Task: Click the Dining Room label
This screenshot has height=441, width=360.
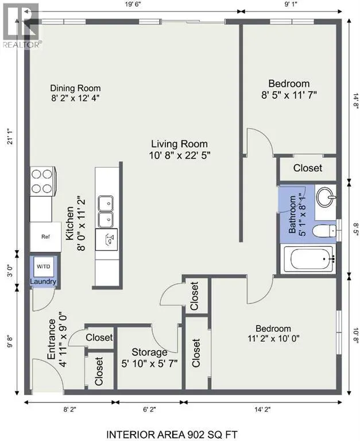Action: [75, 88]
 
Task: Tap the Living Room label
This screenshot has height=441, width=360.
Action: [180, 144]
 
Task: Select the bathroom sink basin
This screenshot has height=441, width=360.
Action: [326, 197]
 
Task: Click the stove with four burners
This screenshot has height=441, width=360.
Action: [42, 181]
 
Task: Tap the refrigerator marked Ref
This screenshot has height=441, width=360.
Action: [45, 237]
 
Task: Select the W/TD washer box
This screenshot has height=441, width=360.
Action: [43, 266]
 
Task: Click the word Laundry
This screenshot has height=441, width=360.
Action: [43, 281]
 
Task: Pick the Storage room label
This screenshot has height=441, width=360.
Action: [149, 352]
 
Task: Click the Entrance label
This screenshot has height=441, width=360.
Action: [52, 339]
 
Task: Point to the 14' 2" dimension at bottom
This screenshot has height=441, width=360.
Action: [262, 410]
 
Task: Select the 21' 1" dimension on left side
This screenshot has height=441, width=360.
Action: [11, 137]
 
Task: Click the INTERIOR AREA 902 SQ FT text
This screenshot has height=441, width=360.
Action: [172, 435]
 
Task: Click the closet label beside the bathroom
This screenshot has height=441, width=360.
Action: [308, 168]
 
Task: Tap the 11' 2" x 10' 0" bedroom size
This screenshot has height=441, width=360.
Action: [273, 338]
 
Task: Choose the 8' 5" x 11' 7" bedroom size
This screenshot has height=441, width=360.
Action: [289, 95]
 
